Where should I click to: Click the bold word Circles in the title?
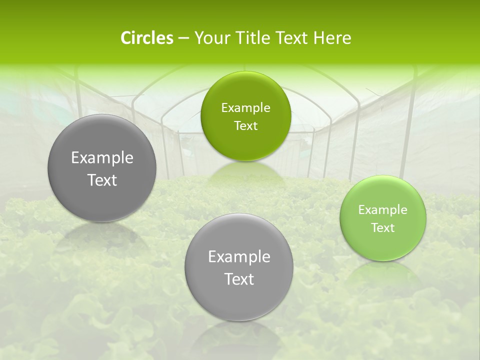146,38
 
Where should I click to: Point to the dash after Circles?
183,38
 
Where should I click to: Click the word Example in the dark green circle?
245,108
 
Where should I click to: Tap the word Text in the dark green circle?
245,126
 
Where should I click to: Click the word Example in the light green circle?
383,210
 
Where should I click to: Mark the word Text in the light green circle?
383,228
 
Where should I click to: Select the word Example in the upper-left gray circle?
102,158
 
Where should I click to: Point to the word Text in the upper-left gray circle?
102,180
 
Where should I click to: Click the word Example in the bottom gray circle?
239,257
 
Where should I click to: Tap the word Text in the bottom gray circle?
239,279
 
